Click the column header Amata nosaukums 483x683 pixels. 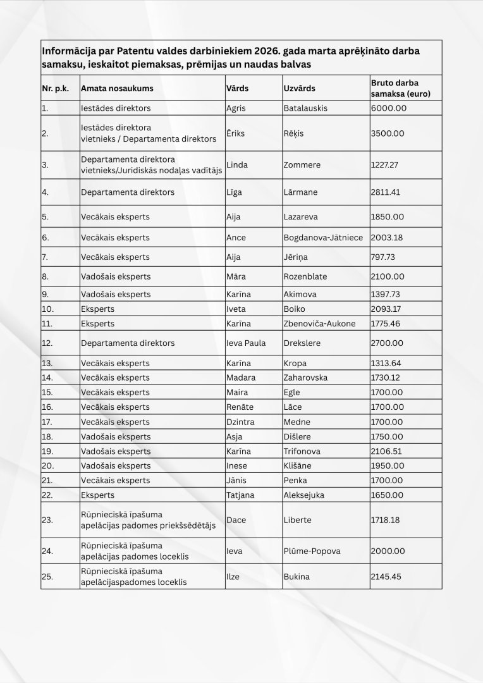(117, 89)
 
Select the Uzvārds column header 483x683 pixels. (299, 89)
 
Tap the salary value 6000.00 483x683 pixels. (388, 108)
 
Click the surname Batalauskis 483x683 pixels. (305, 108)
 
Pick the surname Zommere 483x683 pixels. (302, 165)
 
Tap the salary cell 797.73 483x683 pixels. (384, 257)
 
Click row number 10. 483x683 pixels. (48, 309)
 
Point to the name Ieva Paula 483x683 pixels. (246, 343)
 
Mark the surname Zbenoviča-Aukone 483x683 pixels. (319, 324)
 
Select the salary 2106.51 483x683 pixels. (386, 452)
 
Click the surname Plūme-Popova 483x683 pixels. (312, 551)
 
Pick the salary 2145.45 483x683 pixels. (386, 577)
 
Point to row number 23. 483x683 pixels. (47, 520)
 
